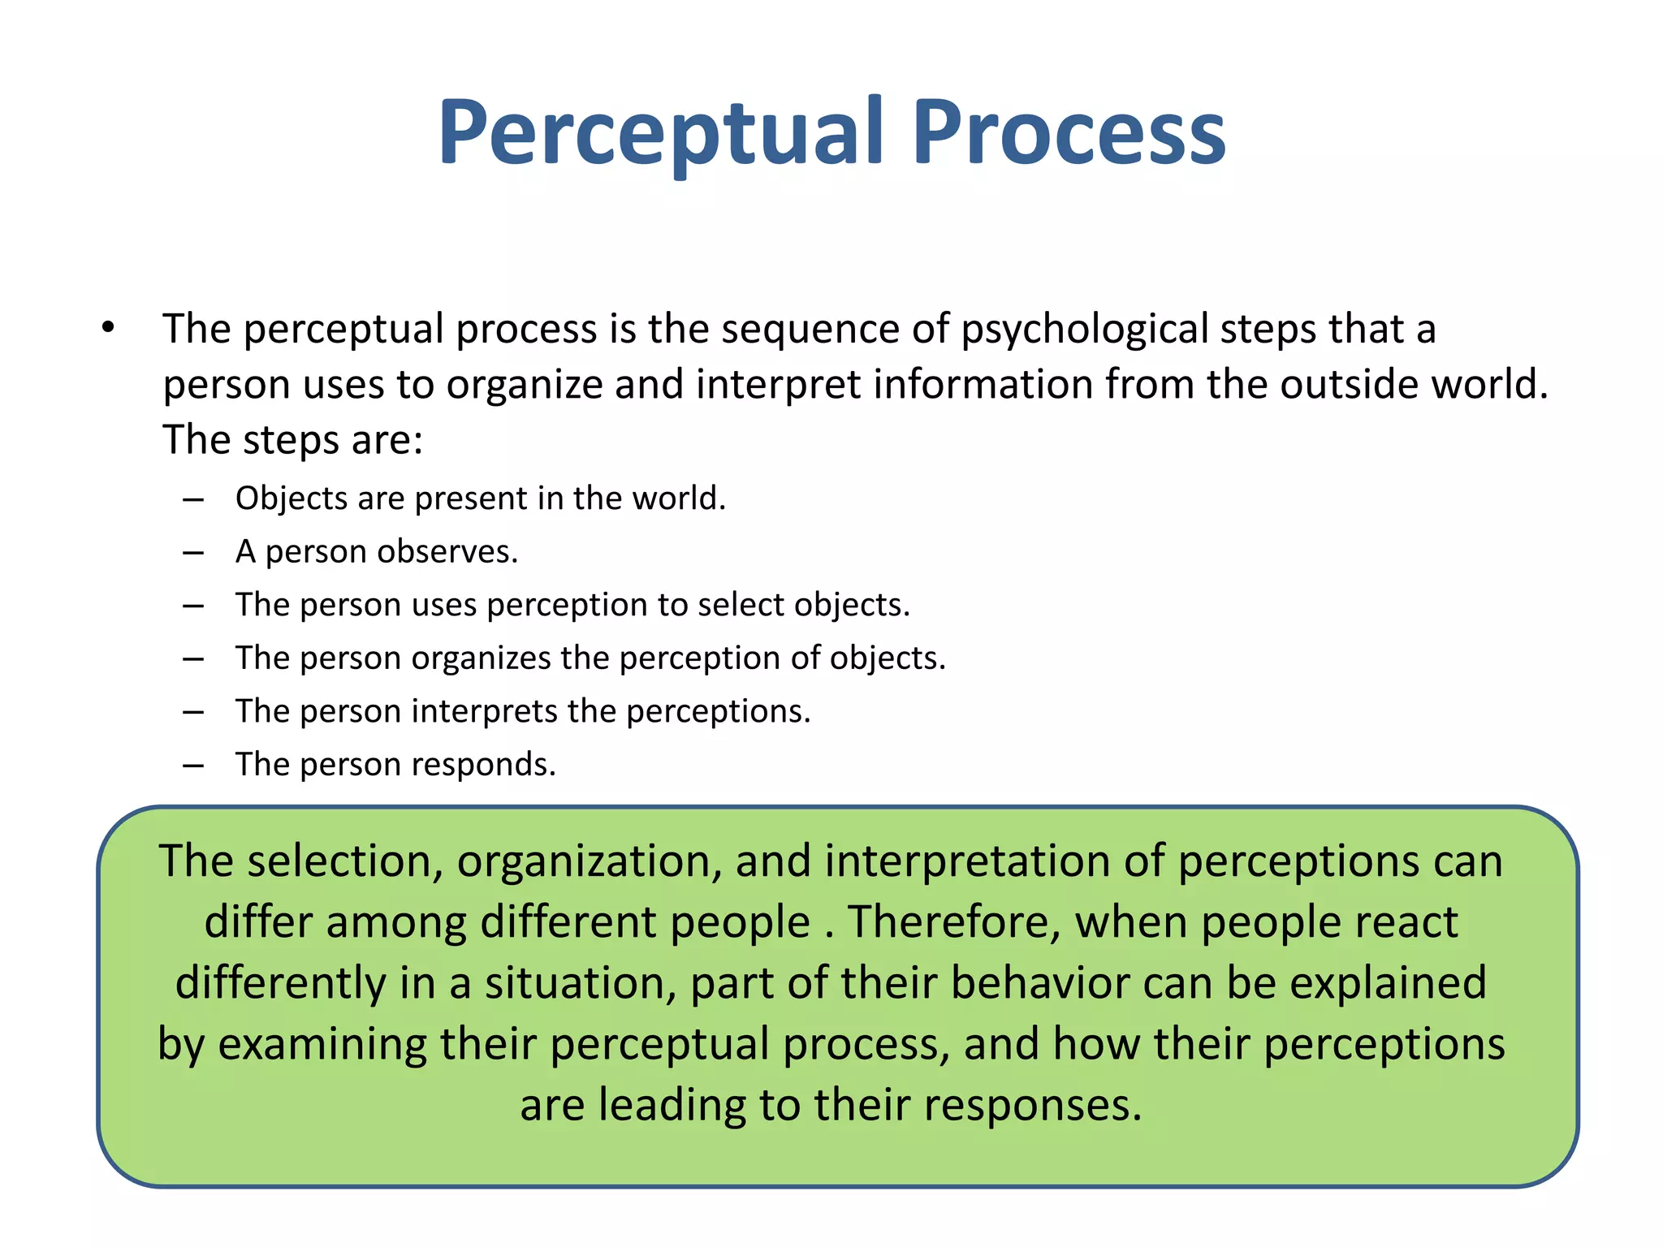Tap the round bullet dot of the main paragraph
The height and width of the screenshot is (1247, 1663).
pyautogui.click(x=108, y=328)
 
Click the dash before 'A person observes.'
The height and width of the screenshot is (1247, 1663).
pyautogui.click(x=193, y=553)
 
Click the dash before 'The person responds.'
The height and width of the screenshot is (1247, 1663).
pyautogui.click(x=193, y=766)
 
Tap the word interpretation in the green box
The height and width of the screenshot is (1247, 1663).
pyautogui.click(x=967, y=861)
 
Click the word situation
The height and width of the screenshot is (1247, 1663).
pyautogui.click(x=581, y=983)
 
